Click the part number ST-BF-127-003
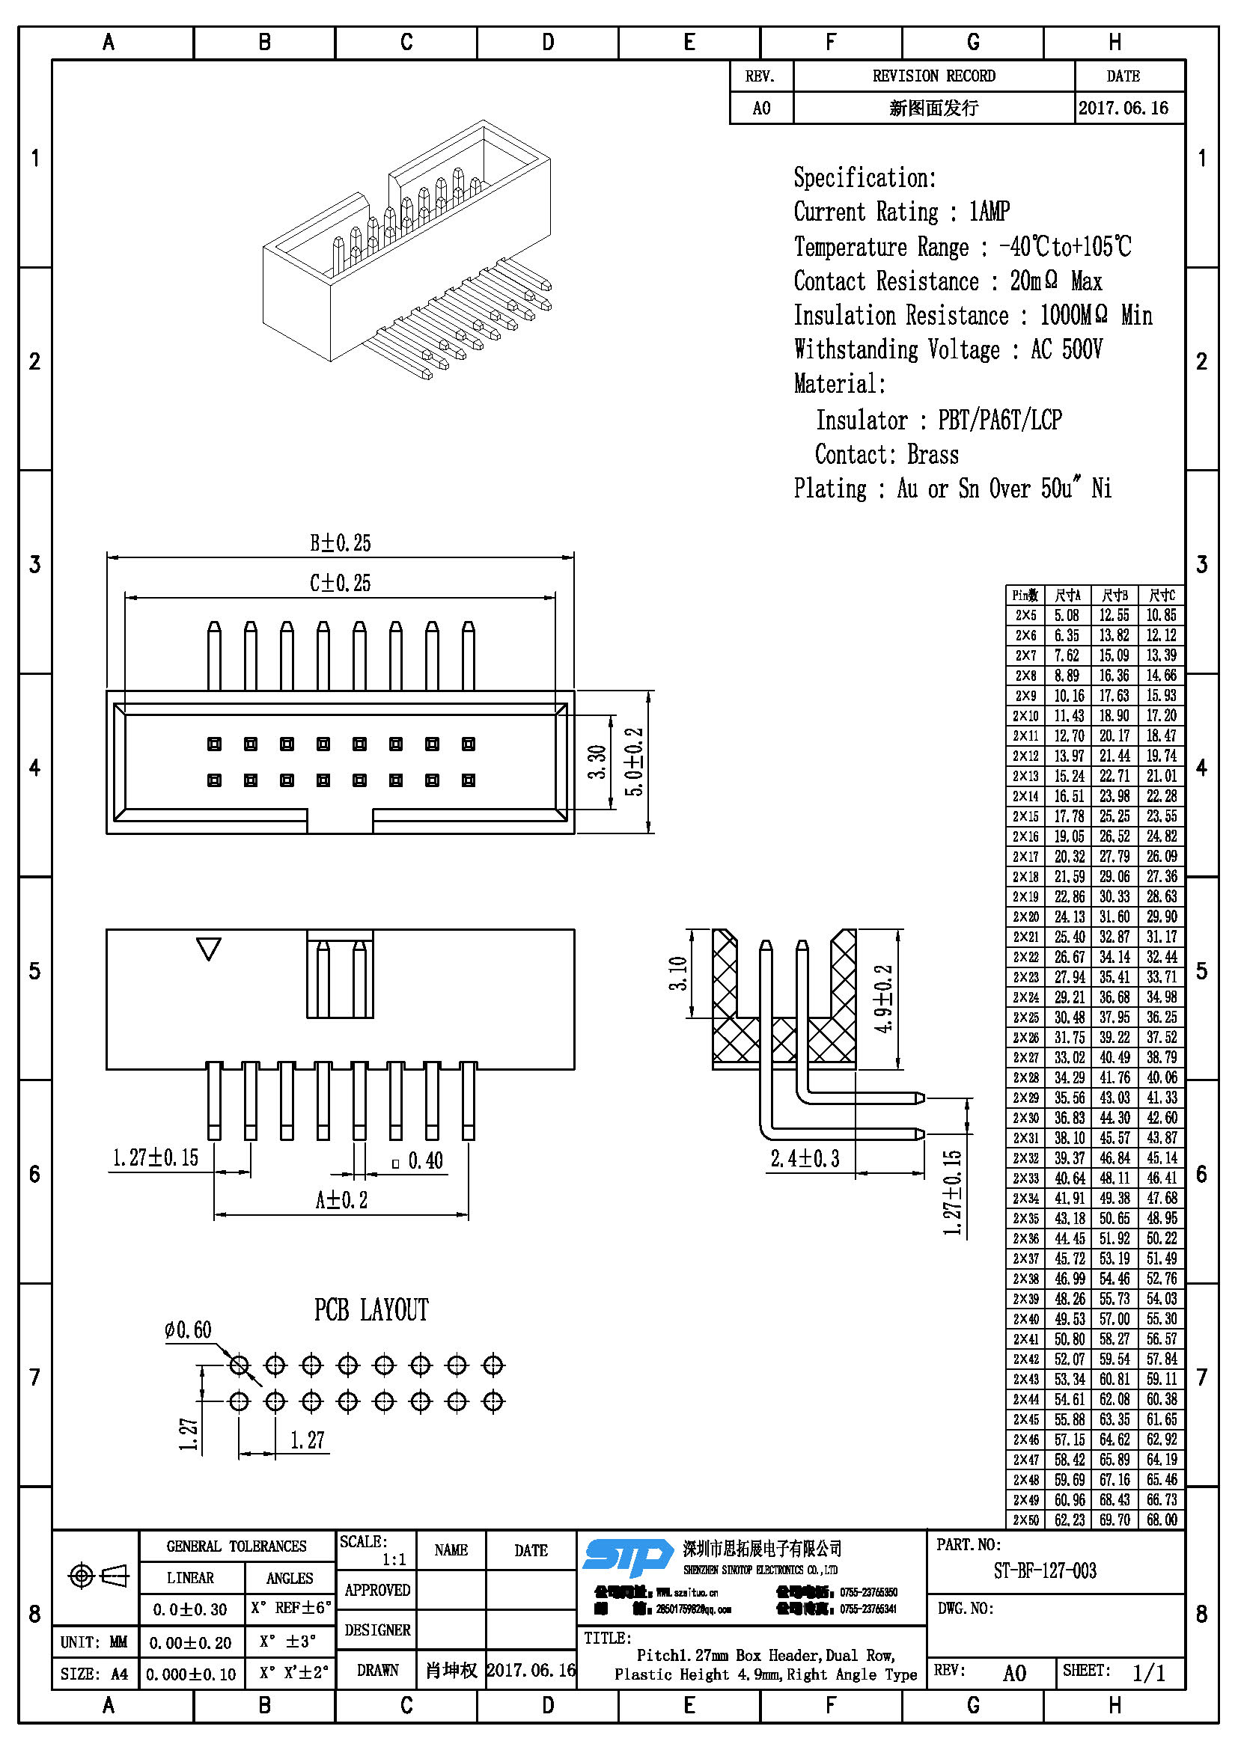point(1044,1571)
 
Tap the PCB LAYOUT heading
point(371,1310)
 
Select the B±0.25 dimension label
point(340,543)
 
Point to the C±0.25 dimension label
point(340,584)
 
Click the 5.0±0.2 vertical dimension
point(635,762)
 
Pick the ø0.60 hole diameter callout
point(188,1331)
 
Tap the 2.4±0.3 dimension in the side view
point(805,1158)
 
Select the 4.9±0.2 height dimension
point(883,999)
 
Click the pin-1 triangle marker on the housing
point(208,948)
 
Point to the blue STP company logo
point(626,1557)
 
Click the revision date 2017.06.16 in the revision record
point(1123,108)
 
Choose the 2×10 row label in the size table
point(1025,716)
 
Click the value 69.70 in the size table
point(1114,1519)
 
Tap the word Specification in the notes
point(865,178)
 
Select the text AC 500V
point(1067,350)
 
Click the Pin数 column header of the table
point(1025,596)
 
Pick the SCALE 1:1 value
point(394,1559)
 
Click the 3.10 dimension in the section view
point(677,973)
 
